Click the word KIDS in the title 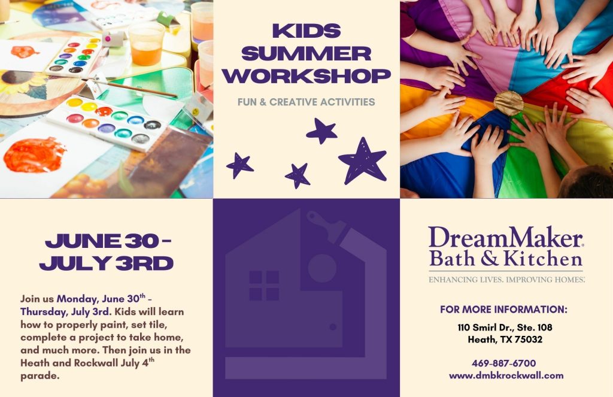tap(306, 31)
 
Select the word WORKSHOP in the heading tap(306, 76)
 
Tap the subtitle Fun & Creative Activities tap(306, 102)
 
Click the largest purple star tap(362, 160)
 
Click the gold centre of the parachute tap(508, 103)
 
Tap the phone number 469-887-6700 tap(503, 363)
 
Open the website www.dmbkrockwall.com tap(506, 375)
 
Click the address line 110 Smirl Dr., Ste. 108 tap(505, 327)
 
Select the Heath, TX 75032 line tap(505, 339)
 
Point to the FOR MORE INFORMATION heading tap(503, 310)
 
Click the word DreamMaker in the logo tap(505, 237)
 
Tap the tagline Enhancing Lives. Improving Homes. tap(506, 279)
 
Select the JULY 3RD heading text tap(107, 263)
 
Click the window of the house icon tap(264, 286)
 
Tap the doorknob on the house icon tap(333, 326)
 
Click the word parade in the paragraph tap(40, 376)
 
